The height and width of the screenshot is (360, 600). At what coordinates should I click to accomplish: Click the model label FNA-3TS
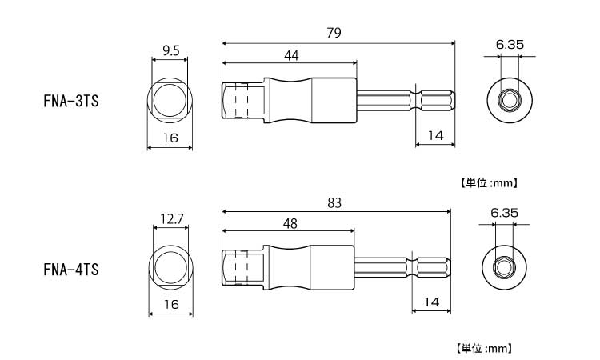[x=71, y=101]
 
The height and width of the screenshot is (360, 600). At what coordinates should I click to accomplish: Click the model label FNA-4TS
[x=71, y=270]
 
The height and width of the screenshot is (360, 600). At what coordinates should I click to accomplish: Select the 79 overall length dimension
[x=334, y=33]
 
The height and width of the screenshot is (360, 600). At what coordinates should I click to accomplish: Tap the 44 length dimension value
[x=291, y=56]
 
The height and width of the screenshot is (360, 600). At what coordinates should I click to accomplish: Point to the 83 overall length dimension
[x=334, y=202]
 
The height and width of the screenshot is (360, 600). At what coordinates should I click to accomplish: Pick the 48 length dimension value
[x=290, y=223]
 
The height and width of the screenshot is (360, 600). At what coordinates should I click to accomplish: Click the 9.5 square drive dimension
[x=170, y=50]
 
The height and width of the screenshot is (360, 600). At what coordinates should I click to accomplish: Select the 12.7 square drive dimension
[x=172, y=219]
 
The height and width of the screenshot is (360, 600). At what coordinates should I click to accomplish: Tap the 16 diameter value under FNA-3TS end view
[x=170, y=138]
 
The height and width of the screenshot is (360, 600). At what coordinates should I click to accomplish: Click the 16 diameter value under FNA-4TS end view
[x=171, y=304]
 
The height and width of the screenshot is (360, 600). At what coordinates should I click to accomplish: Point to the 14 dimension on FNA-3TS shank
[x=435, y=135]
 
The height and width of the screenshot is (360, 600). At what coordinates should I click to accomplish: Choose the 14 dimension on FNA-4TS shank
[x=431, y=302]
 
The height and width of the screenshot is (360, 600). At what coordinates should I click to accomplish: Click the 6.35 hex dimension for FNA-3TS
[x=510, y=45]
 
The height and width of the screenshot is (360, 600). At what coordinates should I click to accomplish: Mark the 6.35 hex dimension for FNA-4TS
[x=504, y=213]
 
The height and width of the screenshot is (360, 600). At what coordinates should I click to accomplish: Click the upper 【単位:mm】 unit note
[x=488, y=183]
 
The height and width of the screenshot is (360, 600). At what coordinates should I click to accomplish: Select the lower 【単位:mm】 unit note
[x=483, y=349]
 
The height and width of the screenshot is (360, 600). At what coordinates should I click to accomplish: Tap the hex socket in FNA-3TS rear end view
[x=510, y=101]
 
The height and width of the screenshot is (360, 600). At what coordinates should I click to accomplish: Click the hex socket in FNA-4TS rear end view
[x=504, y=268]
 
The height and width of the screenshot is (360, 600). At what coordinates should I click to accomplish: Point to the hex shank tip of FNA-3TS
[x=438, y=99]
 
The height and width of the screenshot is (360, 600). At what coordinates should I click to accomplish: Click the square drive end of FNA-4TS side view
[x=242, y=268]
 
